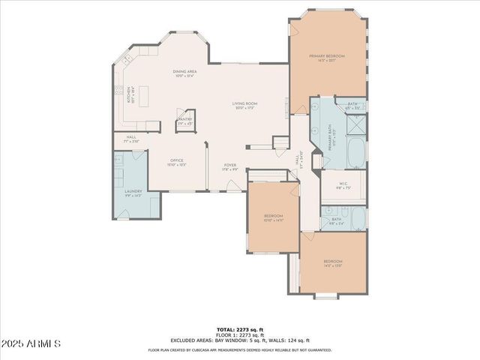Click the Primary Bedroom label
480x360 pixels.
click(327, 57)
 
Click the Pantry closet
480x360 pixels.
click(184, 122)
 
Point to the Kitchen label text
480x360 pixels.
click(129, 95)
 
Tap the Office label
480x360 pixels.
click(177, 161)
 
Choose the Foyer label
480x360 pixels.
click(229, 167)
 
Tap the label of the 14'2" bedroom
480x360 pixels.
click(333, 263)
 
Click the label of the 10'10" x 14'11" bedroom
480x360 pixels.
click(272, 217)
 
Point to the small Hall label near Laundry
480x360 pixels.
click(130, 139)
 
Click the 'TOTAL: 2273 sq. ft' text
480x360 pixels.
click(239, 329)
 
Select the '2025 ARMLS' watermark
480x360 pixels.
click(31, 343)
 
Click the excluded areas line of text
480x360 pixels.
click(239, 340)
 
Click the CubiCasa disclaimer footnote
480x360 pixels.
click(239, 349)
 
